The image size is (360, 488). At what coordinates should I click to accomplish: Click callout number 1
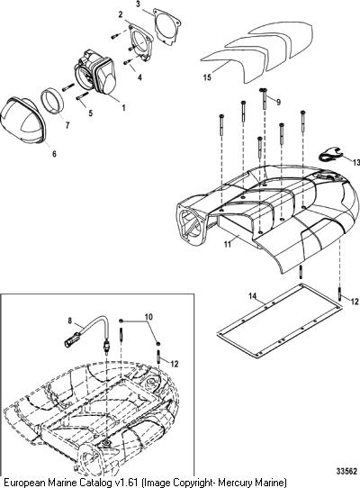pos(123,108)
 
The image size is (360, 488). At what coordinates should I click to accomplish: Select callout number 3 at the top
pos(139,5)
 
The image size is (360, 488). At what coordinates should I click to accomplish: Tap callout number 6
pos(54,154)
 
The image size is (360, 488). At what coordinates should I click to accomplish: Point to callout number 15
pos(207,77)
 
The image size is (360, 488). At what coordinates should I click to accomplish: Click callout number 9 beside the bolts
pos(278,102)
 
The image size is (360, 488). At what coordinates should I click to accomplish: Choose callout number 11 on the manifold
pos(228,244)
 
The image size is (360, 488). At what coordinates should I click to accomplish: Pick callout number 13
pos(356,162)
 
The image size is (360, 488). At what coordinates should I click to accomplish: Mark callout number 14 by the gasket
pos(252,295)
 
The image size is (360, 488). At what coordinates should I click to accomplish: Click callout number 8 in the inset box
pos(69,321)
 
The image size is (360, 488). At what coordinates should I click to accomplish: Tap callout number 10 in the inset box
pos(148,317)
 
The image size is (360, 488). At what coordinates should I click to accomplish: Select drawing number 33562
pos(346,472)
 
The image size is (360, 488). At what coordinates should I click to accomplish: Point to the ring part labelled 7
pos(52,100)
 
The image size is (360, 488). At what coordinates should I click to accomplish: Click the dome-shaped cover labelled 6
pos(22,120)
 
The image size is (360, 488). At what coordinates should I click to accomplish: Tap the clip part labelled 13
pos(330,155)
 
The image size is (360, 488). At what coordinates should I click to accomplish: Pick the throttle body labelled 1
pos(94,75)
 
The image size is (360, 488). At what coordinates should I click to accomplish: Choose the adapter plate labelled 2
pos(140,41)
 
